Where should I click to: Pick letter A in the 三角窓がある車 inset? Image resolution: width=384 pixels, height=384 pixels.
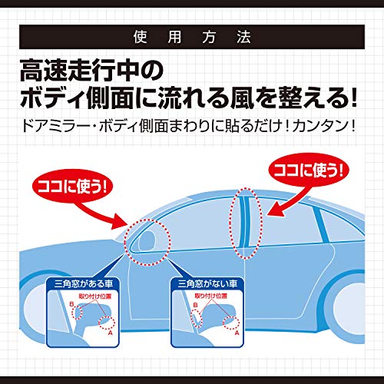pyautogui.click(x=111, y=334)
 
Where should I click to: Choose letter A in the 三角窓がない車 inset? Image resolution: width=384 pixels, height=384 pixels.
pyautogui.click(x=236, y=334)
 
